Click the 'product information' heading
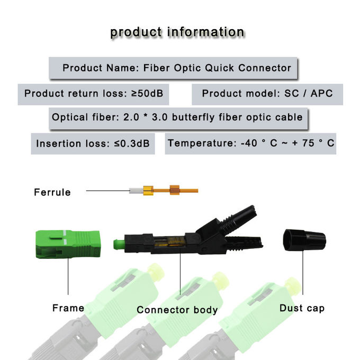177,32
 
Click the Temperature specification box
250,143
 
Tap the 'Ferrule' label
52,192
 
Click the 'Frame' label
68,308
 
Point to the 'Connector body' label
177,310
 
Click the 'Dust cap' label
302,308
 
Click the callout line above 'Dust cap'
302,275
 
